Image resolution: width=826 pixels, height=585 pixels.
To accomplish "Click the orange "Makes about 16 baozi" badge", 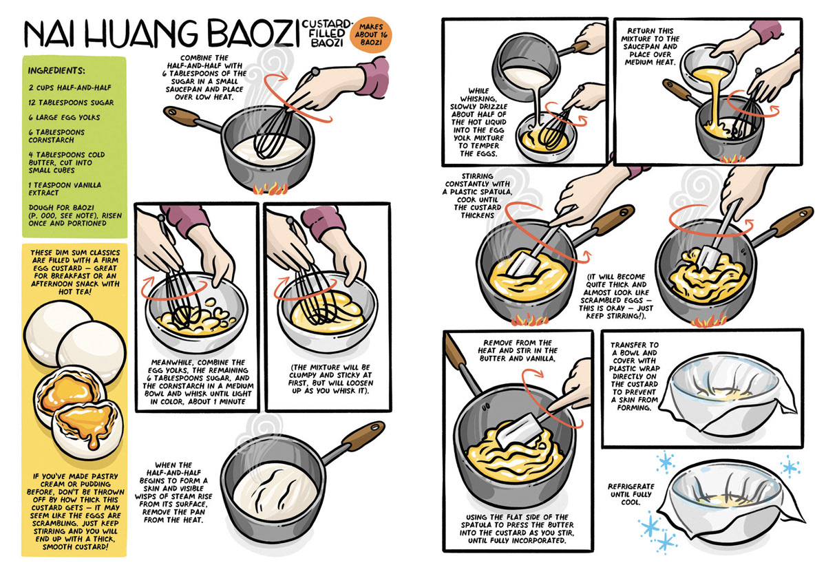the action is click(x=370, y=34).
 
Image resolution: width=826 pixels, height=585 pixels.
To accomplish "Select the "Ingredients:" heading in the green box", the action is click(x=56, y=70).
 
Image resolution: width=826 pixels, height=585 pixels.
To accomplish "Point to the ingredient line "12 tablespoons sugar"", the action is click(x=71, y=103).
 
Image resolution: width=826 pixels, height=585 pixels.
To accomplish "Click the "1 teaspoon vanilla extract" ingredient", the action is click(x=65, y=189).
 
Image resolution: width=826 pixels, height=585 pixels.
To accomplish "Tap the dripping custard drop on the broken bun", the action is click(x=93, y=442).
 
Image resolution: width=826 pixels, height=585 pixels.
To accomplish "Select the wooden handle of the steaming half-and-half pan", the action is click(x=363, y=436).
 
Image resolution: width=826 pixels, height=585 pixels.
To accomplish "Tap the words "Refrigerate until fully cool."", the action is click(x=631, y=494).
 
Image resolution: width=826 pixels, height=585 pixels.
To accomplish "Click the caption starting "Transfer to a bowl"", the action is click(x=634, y=376).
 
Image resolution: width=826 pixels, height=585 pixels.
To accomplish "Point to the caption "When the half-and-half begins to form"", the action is click(x=173, y=493).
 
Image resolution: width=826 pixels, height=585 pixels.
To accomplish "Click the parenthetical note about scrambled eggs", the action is click(x=616, y=296).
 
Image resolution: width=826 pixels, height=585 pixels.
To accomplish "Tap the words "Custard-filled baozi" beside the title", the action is click(x=326, y=33).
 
